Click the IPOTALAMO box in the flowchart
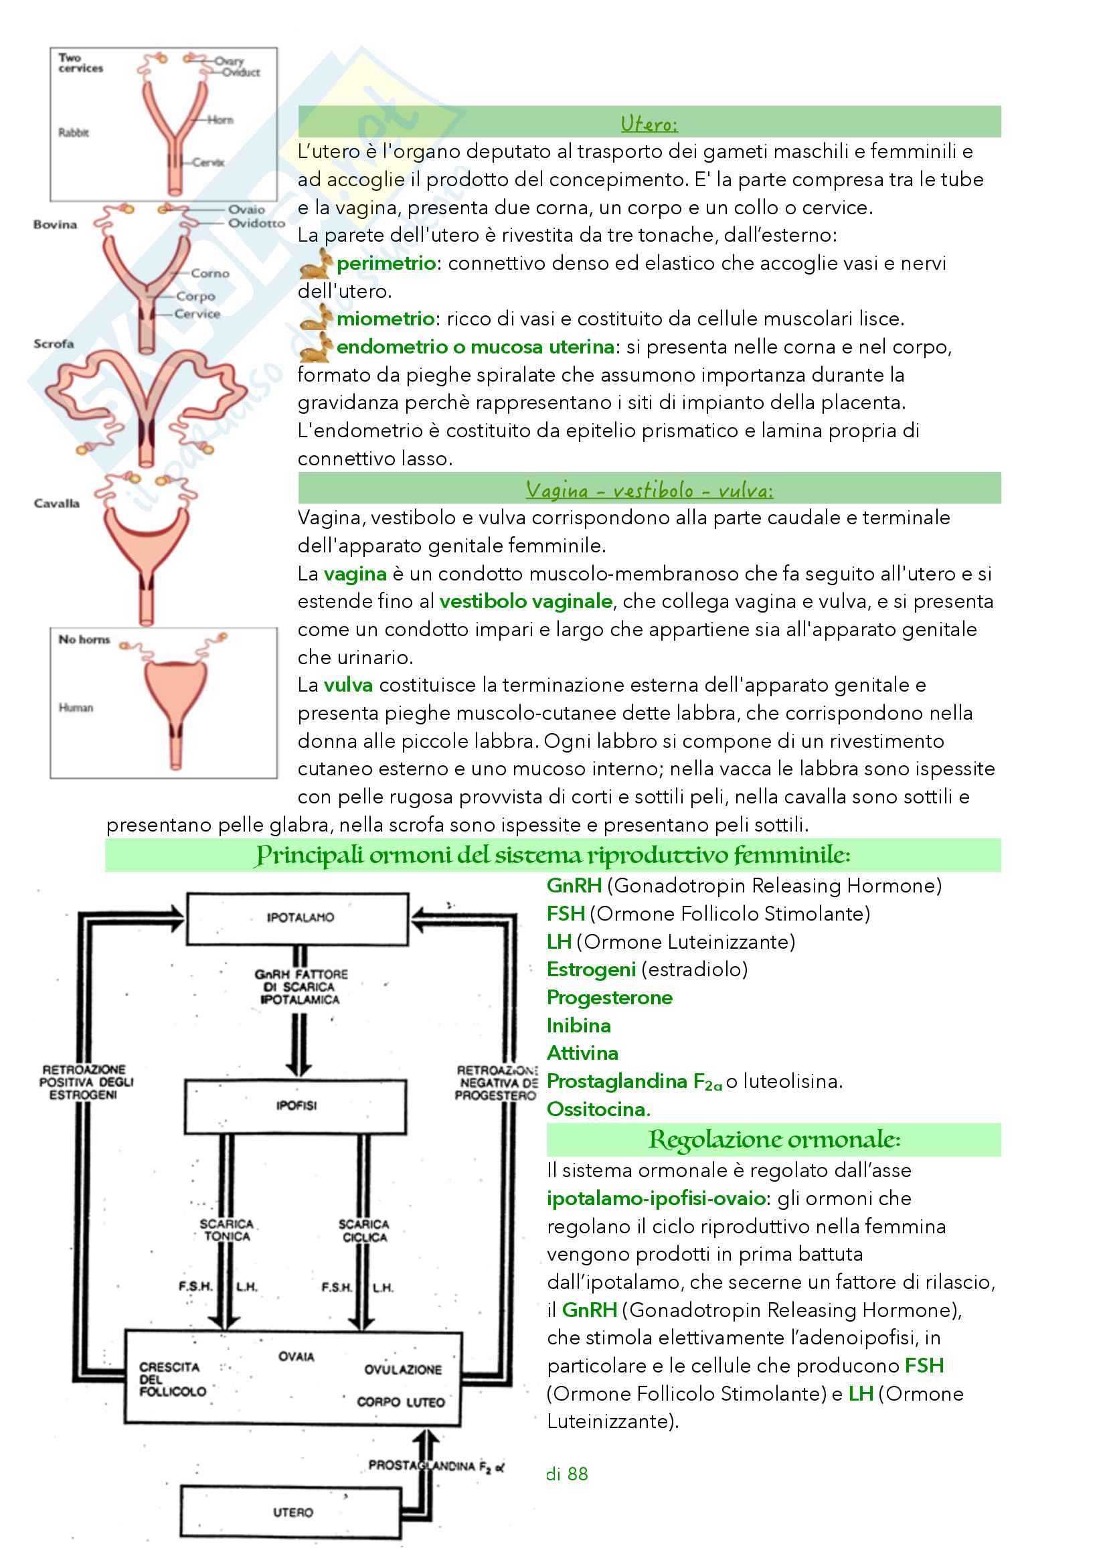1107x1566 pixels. (x=298, y=918)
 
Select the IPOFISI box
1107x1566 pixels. (x=296, y=1105)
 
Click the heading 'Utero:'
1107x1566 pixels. (x=649, y=123)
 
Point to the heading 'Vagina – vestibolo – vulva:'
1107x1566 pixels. (x=649, y=489)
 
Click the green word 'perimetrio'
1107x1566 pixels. (x=386, y=263)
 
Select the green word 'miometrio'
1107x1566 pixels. (x=385, y=319)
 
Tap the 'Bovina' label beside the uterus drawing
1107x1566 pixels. (x=55, y=224)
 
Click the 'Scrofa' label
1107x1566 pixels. (x=54, y=343)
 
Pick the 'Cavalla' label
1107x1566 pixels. (x=57, y=503)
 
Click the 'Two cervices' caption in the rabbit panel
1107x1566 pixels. (x=80, y=63)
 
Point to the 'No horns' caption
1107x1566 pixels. (x=84, y=639)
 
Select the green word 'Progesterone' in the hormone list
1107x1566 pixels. (x=610, y=997)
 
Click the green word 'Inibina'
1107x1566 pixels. (x=579, y=1025)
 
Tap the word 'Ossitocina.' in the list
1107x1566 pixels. (x=598, y=1109)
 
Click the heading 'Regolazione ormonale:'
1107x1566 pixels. (x=774, y=1140)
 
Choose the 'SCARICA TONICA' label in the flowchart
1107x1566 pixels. (x=226, y=1230)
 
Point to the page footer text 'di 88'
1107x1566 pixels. (x=566, y=1474)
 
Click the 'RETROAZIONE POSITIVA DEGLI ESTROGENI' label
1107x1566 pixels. (x=84, y=1082)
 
